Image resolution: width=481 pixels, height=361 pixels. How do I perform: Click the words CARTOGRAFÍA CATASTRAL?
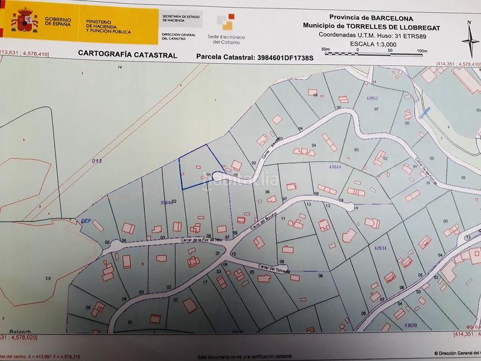coord(127,54)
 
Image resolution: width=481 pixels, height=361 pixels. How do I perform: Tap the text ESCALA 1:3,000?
coord(372,43)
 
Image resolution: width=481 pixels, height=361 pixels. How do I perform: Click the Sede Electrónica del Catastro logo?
coord(224,30)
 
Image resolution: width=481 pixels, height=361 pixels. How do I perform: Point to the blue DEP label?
coord(86,221)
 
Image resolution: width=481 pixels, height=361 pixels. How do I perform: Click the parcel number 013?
coord(97,161)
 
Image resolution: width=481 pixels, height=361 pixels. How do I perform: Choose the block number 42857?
coord(372,97)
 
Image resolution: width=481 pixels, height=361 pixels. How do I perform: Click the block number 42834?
coord(380,247)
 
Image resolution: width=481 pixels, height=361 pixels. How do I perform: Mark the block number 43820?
coord(411,326)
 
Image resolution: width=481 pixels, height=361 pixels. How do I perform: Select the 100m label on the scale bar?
coord(421,50)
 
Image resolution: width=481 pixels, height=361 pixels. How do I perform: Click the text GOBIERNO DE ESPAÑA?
coord(58,23)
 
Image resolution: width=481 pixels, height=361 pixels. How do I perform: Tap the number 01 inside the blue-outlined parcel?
coord(209,175)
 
